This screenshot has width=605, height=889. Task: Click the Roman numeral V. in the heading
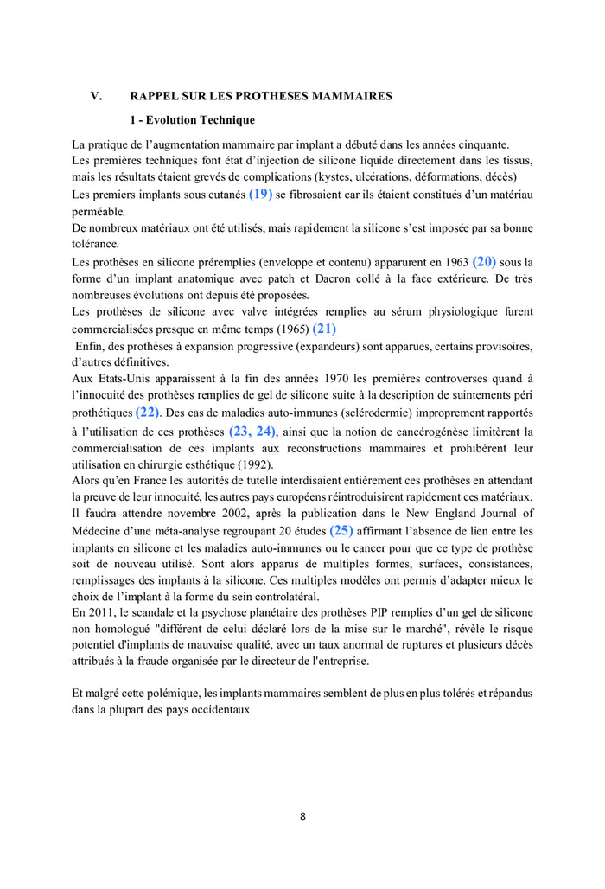97,96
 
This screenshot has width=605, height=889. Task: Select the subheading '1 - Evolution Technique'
192,120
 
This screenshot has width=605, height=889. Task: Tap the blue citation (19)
260,195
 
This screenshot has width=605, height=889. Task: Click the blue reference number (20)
484,261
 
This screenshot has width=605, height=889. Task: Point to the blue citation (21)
324,329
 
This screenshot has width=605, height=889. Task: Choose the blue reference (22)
147,413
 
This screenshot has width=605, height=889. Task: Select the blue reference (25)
341,530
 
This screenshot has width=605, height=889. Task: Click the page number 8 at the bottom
302,815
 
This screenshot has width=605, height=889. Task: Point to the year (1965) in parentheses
289,329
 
